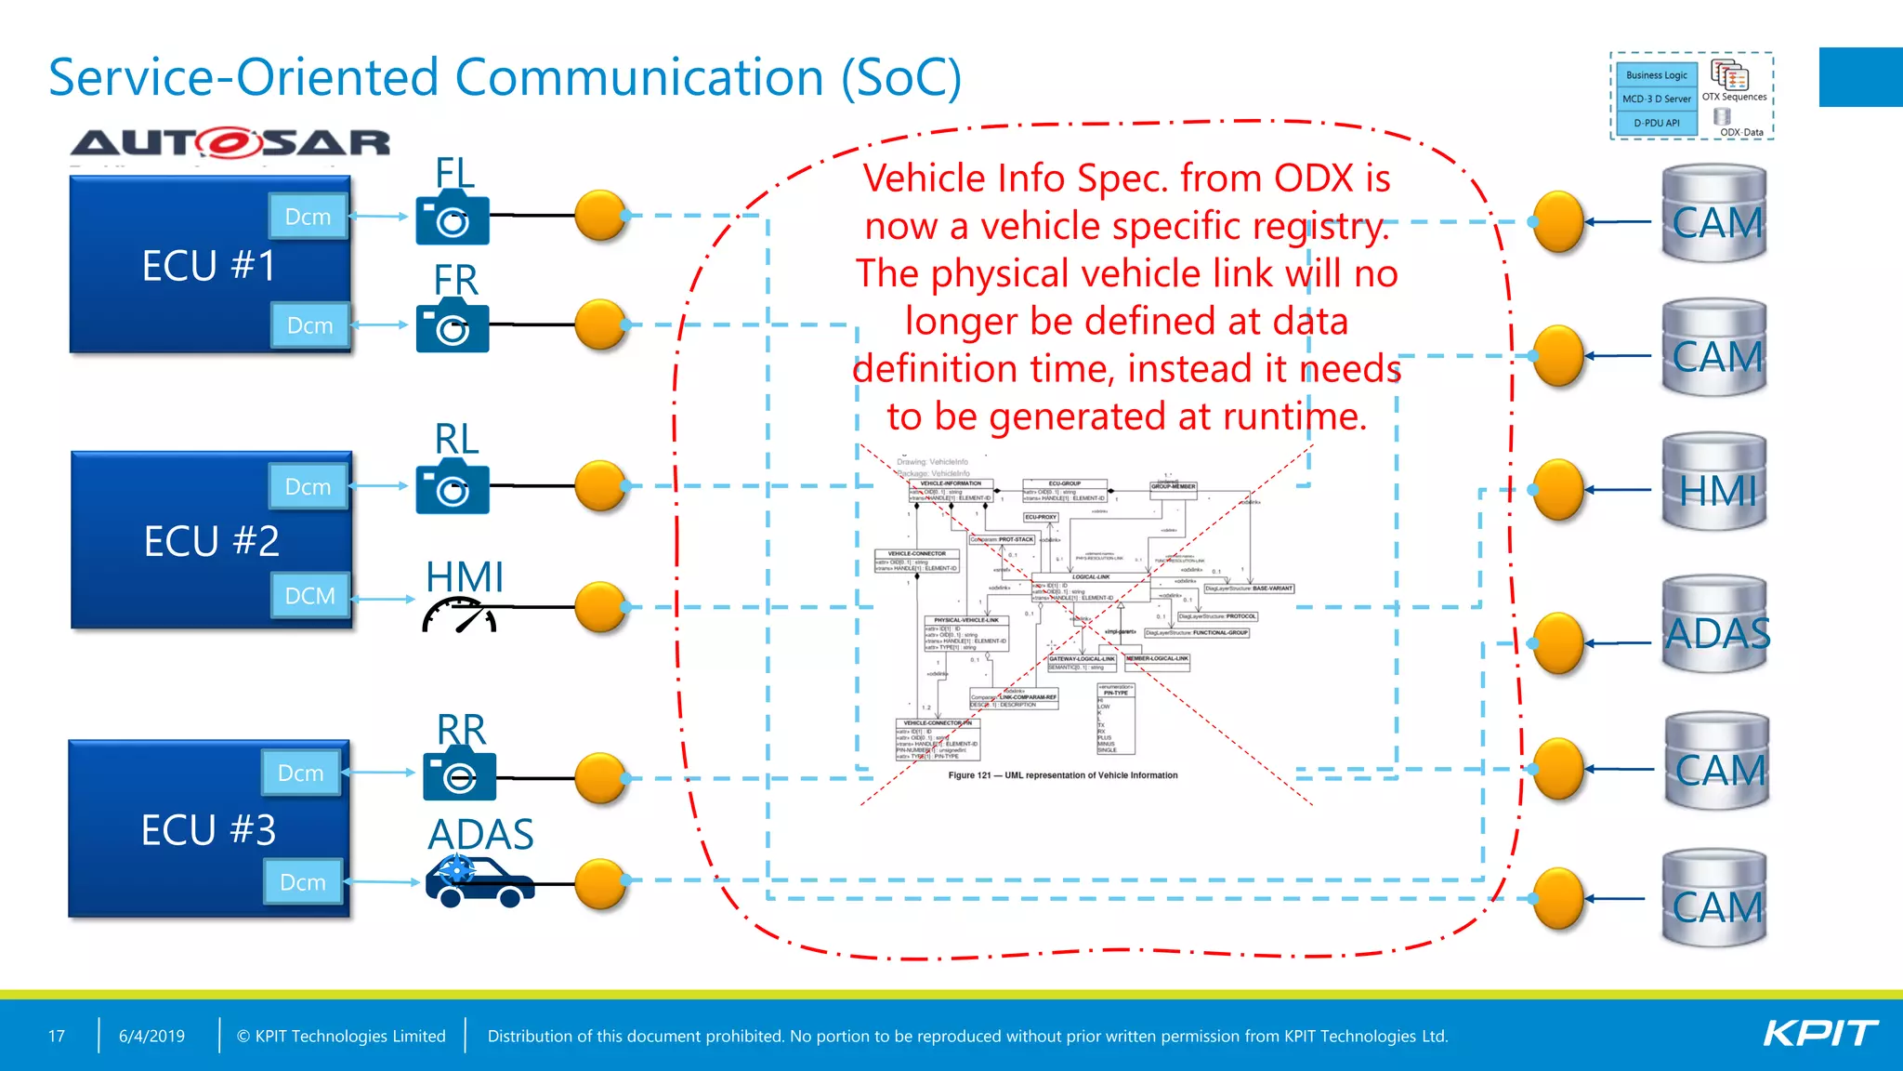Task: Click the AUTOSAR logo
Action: tap(230, 143)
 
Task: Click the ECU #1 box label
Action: tap(209, 266)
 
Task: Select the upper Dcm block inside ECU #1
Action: tap(308, 217)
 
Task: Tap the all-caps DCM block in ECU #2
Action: tap(310, 596)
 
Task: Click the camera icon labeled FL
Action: tap(453, 219)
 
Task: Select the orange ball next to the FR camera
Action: tap(601, 324)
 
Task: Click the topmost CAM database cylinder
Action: tap(1714, 216)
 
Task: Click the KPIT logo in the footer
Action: tap(1819, 1034)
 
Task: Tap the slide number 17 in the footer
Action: tap(57, 1036)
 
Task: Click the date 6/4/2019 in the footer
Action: tap(151, 1036)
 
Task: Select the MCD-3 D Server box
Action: tap(1656, 99)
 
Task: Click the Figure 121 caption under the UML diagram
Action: tap(1062, 775)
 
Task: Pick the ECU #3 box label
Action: tap(208, 830)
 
